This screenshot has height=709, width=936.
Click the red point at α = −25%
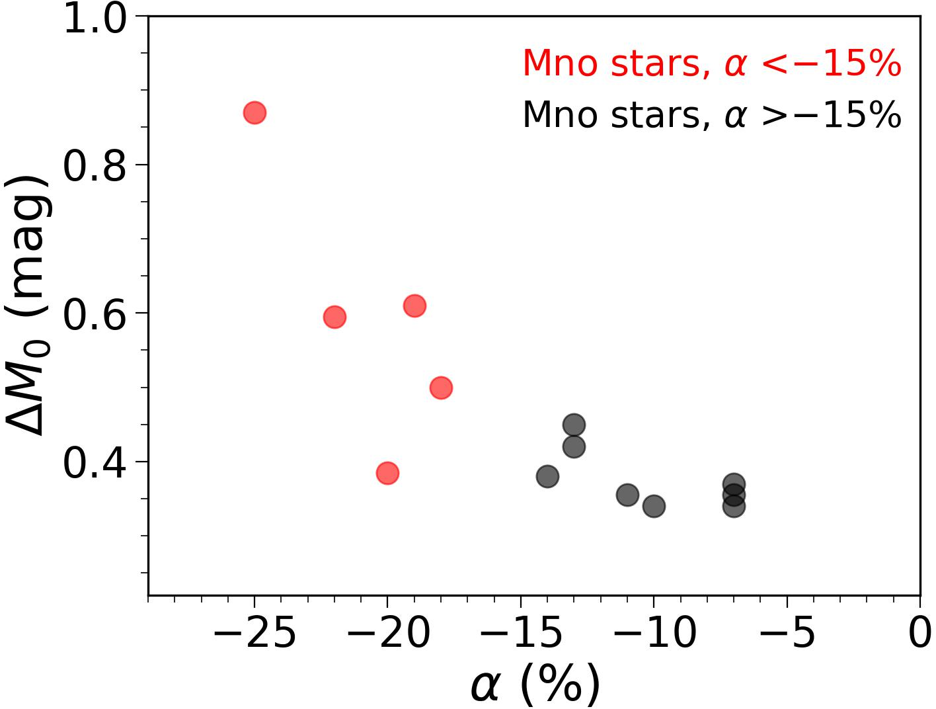[x=254, y=113]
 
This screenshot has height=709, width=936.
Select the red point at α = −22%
[x=334, y=317]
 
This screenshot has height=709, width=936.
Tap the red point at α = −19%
[x=414, y=306]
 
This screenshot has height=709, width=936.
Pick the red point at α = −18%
[x=441, y=388]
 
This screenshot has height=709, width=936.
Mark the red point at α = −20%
[x=387, y=473]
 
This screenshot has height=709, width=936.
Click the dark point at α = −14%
[x=547, y=476]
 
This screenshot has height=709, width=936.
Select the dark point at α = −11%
[x=627, y=495]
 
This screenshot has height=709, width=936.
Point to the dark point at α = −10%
[x=654, y=507]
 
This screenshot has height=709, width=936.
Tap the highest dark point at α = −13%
[x=574, y=425]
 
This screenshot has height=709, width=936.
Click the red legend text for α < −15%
[x=712, y=64]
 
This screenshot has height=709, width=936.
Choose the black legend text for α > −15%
[x=712, y=115]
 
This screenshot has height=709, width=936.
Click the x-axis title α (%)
[x=535, y=685]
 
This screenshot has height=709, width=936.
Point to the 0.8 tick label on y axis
[x=94, y=165]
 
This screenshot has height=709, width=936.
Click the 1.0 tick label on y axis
[x=94, y=19]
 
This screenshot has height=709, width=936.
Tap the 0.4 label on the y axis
[x=94, y=462]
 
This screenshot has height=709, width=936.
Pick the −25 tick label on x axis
[x=254, y=633]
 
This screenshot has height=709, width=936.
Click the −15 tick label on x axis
[x=521, y=633]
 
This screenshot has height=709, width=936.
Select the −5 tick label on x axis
[x=787, y=633]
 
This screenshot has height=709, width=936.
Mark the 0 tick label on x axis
[x=919, y=633]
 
